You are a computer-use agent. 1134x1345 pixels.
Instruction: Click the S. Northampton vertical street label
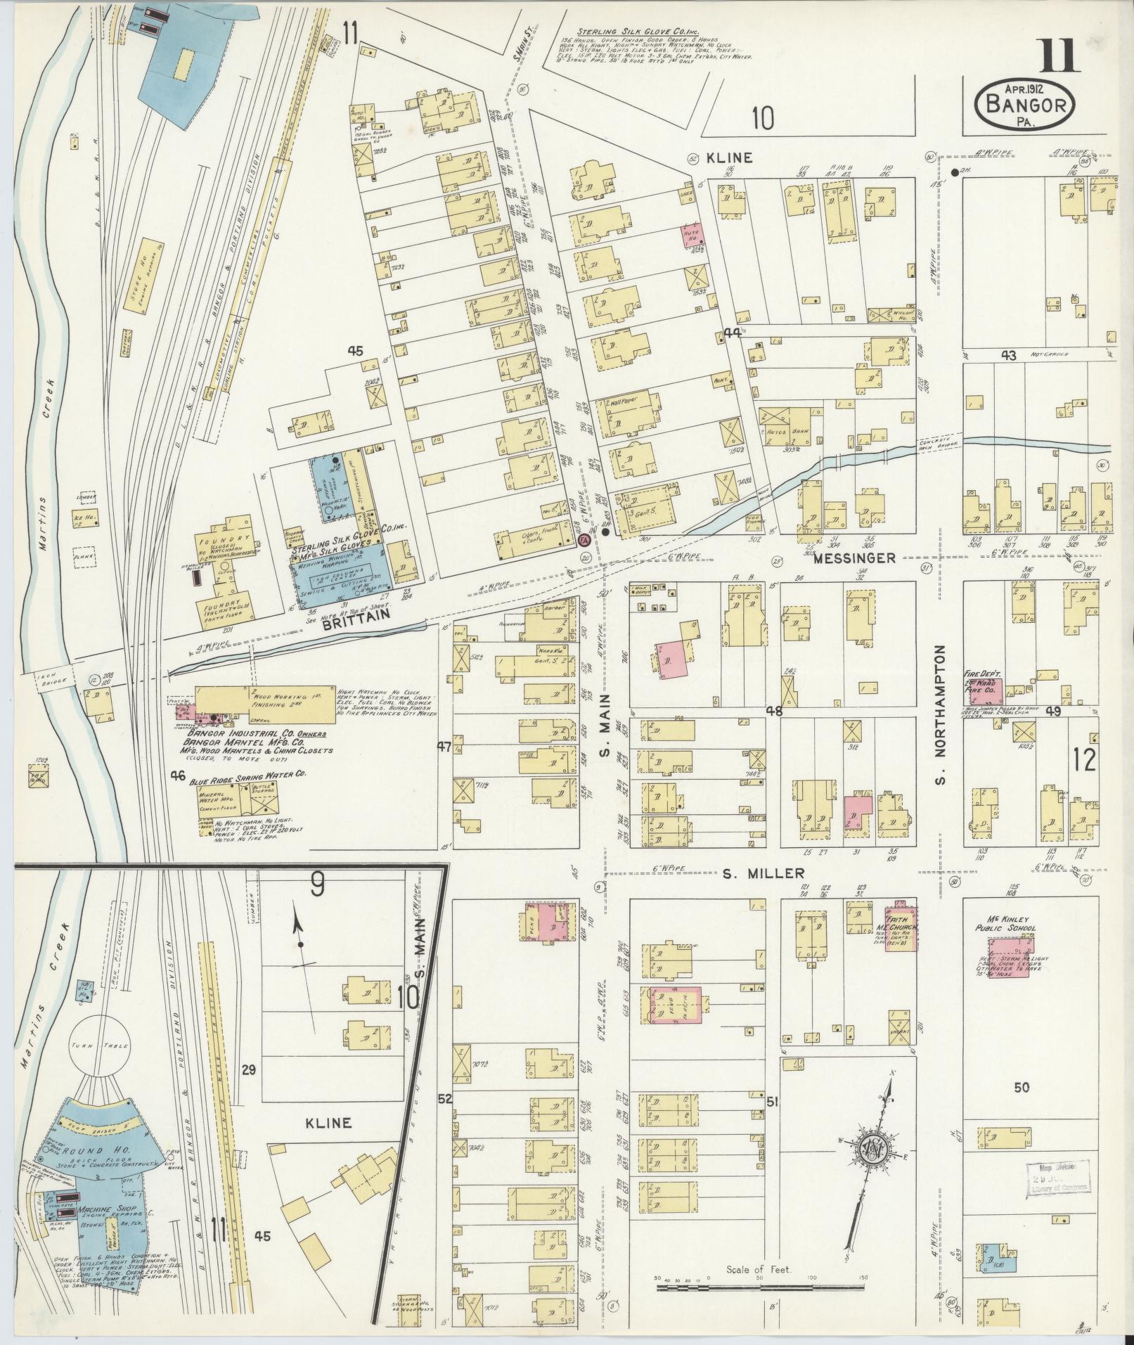click(941, 716)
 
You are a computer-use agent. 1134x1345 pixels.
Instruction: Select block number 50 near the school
click(1021, 1088)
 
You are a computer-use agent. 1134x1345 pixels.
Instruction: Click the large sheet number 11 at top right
click(1057, 57)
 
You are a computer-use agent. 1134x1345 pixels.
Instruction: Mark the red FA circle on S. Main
click(583, 541)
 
